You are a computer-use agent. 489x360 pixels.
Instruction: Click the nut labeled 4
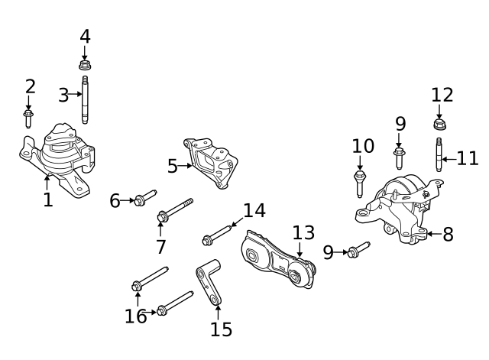tap(85, 63)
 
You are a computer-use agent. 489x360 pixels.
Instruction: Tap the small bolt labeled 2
tap(28, 118)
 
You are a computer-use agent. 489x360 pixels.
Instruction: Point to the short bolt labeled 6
tap(144, 198)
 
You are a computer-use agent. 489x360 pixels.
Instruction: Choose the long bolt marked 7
tap(175, 210)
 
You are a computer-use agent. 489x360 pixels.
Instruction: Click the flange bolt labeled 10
tap(360, 184)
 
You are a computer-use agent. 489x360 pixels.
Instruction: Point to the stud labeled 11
tap(439, 155)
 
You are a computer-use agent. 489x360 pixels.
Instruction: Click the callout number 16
tap(136, 316)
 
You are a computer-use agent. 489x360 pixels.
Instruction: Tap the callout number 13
tap(303, 232)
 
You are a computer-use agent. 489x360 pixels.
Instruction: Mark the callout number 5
tap(172, 165)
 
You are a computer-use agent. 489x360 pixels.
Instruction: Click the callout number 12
tap(442, 95)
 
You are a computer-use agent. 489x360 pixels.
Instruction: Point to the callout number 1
tap(47, 200)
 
